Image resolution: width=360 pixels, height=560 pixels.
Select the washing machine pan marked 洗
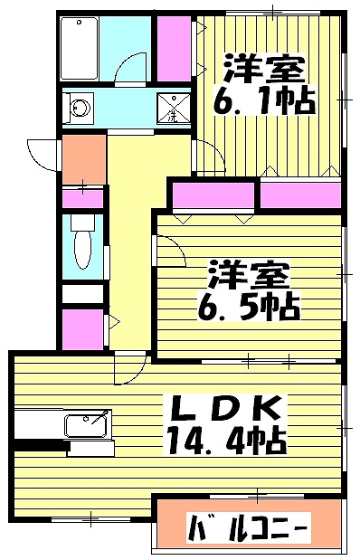[x=171, y=109]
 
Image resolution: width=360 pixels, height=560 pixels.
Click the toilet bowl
[x=81, y=245]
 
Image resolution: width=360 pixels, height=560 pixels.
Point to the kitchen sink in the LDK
[x=87, y=424]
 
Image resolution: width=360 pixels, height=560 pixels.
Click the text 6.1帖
[x=263, y=98]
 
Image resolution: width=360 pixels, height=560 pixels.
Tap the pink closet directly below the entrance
[x=81, y=197]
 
